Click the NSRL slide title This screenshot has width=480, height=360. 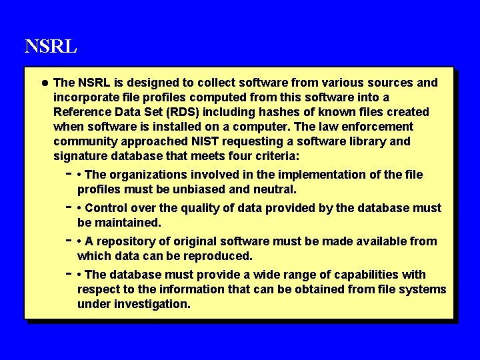click(x=51, y=47)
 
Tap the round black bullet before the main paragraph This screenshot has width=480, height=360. click(x=43, y=83)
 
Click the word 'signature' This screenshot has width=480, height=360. click(x=79, y=156)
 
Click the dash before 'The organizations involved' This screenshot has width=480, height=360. click(x=69, y=173)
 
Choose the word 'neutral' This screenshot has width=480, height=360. click(x=273, y=189)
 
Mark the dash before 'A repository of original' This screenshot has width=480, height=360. click(x=69, y=239)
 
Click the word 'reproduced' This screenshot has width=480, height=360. click(x=219, y=256)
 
